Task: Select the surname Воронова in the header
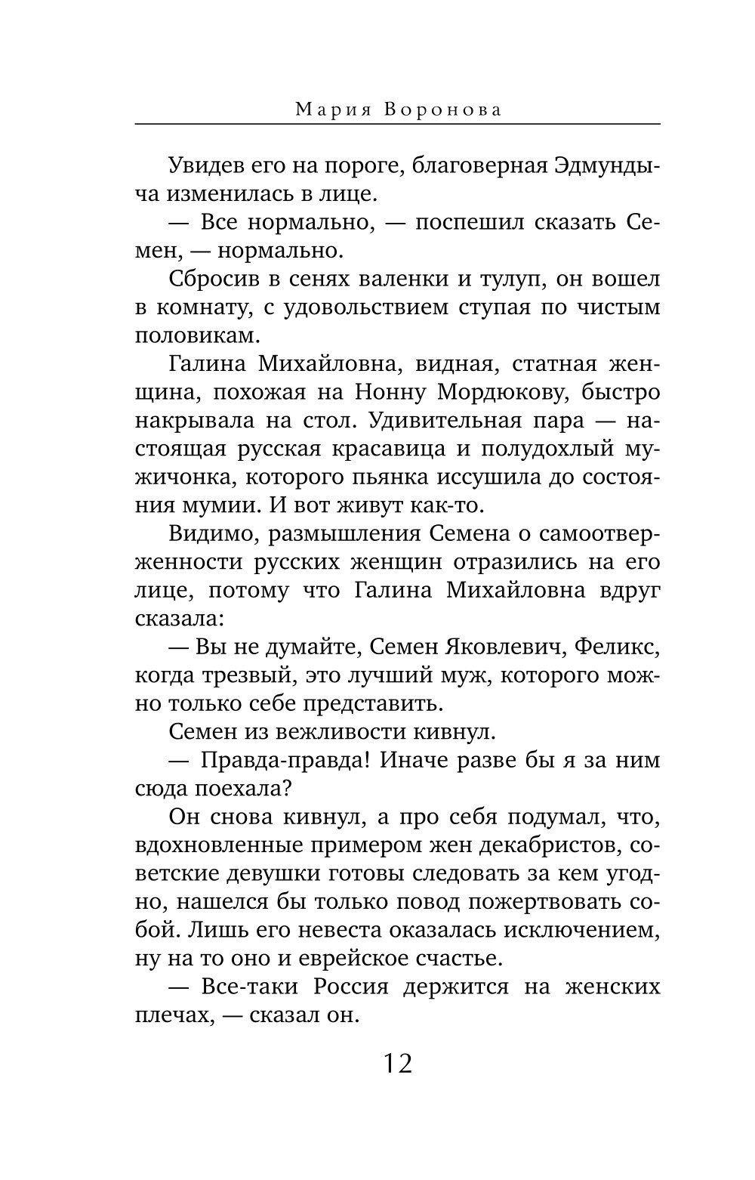(443, 110)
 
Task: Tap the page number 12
(397, 1064)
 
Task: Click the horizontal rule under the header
(397, 124)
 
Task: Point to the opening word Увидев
(205, 165)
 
